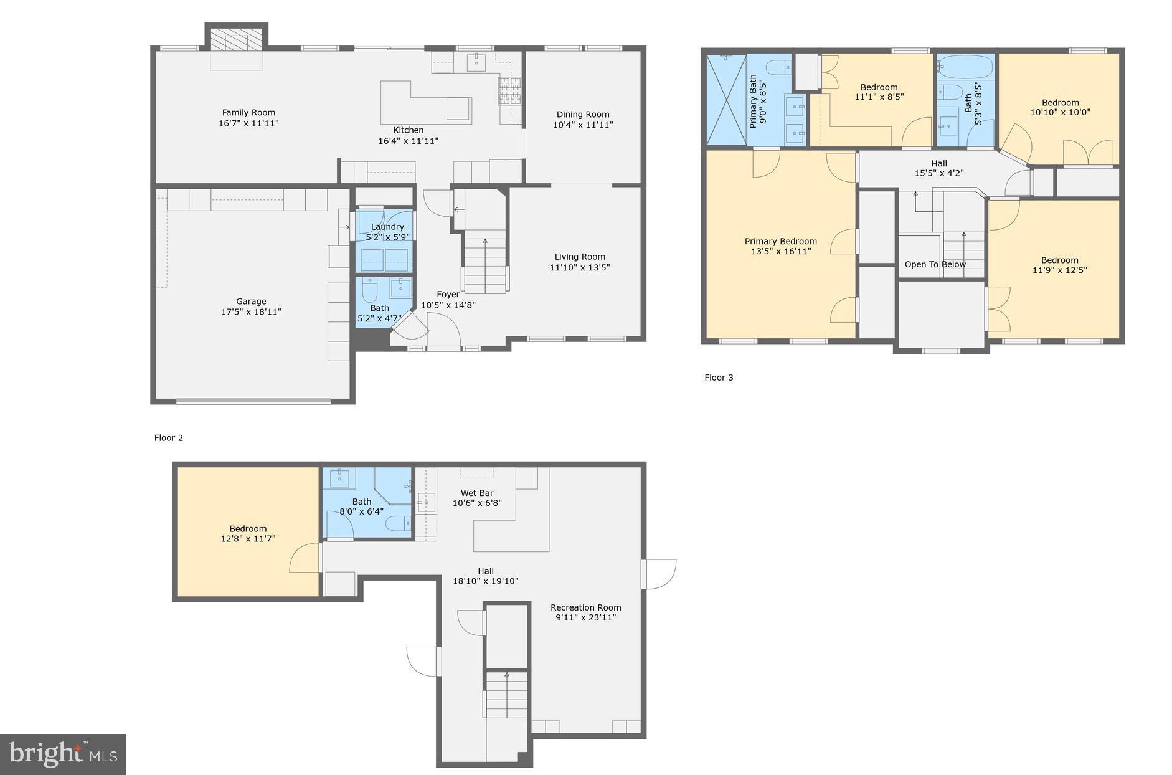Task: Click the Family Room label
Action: (x=248, y=113)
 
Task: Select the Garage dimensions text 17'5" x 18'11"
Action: (x=251, y=311)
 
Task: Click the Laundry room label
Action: (x=387, y=227)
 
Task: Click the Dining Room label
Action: (x=583, y=115)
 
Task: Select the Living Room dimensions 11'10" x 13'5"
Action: (x=580, y=267)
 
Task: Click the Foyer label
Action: (x=448, y=295)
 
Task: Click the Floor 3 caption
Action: (x=719, y=378)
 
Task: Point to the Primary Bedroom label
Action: (x=780, y=242)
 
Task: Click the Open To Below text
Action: (x=935, y=264)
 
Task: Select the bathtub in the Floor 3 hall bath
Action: (x=966, y=64)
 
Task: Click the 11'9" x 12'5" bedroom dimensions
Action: (x=1059, y=270)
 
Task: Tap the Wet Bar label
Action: (x=477, y=493)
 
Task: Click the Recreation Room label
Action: (x=585, y=607)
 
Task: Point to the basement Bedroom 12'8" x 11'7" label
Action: (x=248, y=533)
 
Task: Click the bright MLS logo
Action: (x=63, y=754)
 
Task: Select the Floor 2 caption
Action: (x=169, y=438)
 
